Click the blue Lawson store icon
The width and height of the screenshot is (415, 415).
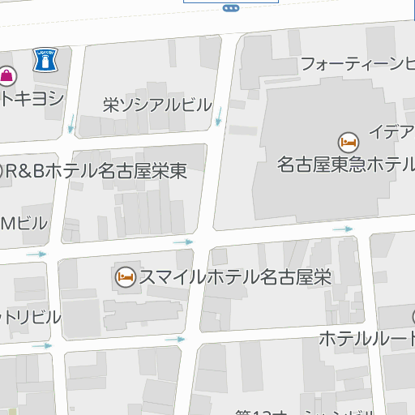(x=45, y=60)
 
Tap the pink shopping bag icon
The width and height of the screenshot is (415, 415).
(x=7, y=76)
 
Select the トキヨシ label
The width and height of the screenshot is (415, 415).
(x=32, y=98)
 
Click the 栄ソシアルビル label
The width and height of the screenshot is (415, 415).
(x=157, y=105)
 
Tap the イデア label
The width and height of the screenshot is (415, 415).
(x=391, y=131)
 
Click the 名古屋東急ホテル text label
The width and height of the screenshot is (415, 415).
(x=345, y=165)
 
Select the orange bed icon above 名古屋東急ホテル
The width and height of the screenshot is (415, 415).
(x=349, y=142)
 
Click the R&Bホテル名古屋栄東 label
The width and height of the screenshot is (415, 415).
(x=93, y=171)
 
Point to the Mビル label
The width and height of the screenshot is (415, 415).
(x=24, y=223)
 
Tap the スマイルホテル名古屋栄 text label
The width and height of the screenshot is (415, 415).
(x=235, y=276)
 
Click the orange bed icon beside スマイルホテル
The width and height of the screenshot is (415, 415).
(x=126, y=276)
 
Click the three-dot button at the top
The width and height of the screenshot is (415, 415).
(x=230, y=7)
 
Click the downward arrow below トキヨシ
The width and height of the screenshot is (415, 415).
(x=71, y=123)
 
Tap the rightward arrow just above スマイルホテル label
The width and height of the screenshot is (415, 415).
(x=183, y=242)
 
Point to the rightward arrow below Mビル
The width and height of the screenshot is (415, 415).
(x=36, y=255)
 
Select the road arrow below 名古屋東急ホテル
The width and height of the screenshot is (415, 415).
(x=343, y=229)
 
